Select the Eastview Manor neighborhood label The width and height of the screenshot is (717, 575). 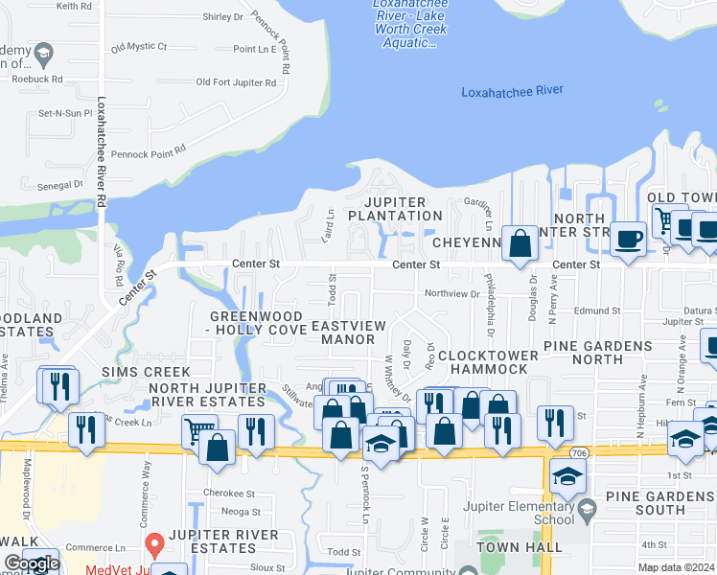point(348,333)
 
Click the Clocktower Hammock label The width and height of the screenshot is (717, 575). point(489,361)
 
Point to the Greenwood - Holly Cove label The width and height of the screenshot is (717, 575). point(258,323)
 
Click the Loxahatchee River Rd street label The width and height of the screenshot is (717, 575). point(100,151)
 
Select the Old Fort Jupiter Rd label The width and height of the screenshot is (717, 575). point(236,82)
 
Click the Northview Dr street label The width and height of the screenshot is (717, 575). point(451,293)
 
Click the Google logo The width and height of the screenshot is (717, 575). point(32,564)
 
